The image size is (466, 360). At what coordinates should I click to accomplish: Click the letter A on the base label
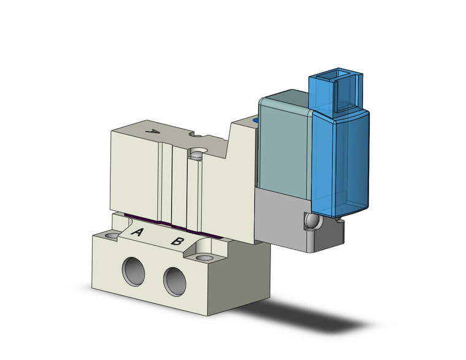pos(138,233)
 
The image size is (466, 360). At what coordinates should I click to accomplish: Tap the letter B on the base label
pos(177,241)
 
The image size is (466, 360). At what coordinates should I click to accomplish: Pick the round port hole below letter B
pos(175,280)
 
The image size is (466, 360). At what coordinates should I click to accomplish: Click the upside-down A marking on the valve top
pos(155,132)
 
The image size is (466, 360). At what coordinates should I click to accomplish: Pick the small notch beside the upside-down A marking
pos(197,136)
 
